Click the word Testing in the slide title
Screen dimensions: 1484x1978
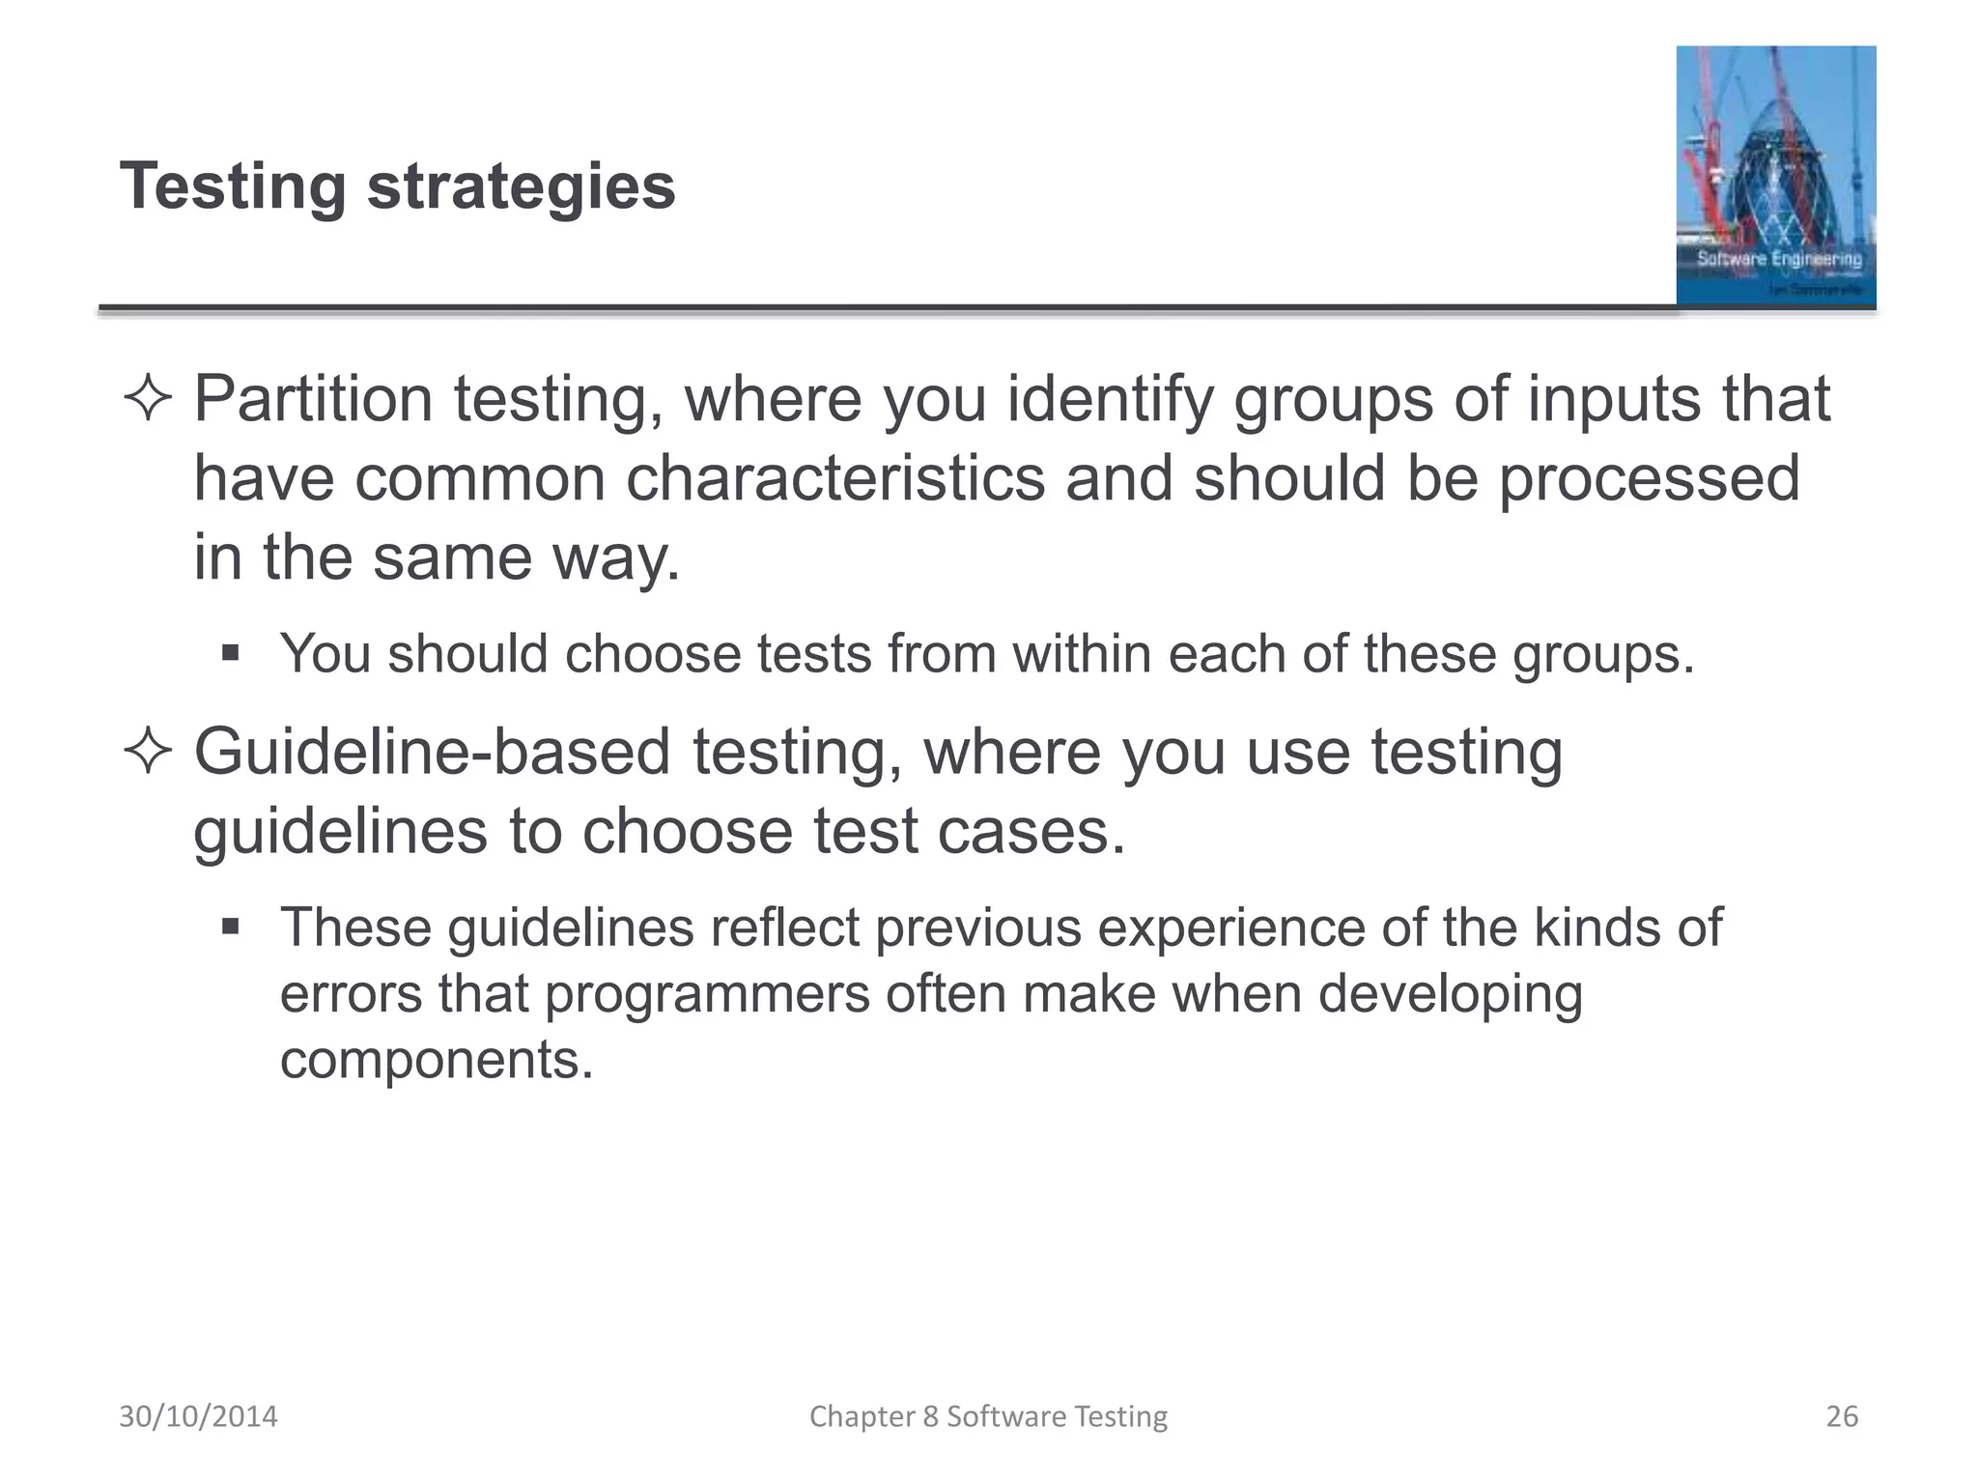(x=233, y=186)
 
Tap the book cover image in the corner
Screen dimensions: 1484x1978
(x=1775, y=176)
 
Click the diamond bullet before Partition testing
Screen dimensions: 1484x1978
(x=148, y=399)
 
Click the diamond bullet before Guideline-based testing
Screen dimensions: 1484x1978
(x=148, y=752)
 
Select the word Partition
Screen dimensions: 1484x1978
(x=313, y=399)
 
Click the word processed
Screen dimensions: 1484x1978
(x=1649, y=478)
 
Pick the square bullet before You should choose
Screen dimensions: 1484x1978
(x=230, y=653)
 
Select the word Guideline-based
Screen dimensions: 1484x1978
(x=432, y=752)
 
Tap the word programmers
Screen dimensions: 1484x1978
(x=707, y=994)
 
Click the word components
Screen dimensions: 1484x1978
(x=436, y=1060)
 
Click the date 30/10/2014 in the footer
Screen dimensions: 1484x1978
(x=198, y=1416)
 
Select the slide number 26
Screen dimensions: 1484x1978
(x=1841, y=1416)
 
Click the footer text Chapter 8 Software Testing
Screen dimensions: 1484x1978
(x=988, y=1416)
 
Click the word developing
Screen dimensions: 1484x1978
(x=1450, y=994)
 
